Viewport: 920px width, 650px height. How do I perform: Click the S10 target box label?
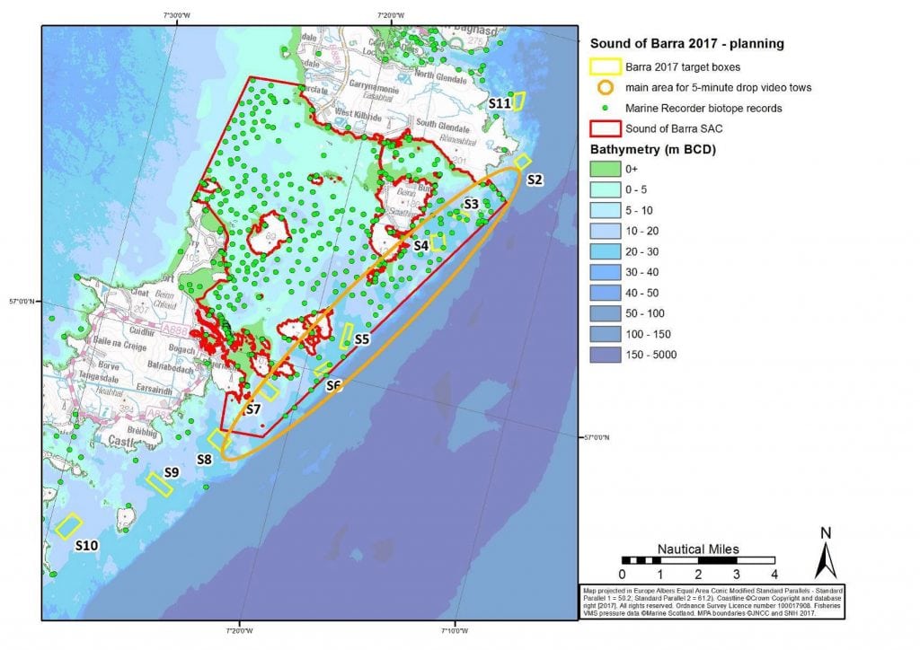86,545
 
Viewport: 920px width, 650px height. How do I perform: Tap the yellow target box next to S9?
159,484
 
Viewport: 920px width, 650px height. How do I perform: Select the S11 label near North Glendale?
500,104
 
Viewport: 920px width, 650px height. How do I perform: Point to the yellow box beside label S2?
522,162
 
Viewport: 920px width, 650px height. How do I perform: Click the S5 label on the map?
362,339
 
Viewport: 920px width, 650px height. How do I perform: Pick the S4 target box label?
420,245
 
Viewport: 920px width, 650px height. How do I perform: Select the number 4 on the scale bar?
773,575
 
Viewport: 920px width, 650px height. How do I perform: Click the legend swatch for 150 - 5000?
606,355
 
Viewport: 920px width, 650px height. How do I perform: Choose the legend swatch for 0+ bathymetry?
606,169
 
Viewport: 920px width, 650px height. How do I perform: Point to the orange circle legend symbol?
606,87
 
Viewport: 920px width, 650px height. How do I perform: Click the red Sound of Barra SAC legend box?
606,128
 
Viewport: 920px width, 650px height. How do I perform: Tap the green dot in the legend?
606,108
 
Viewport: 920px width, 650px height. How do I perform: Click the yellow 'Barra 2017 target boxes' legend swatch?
606,66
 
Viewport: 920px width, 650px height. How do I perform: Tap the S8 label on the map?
204,460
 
